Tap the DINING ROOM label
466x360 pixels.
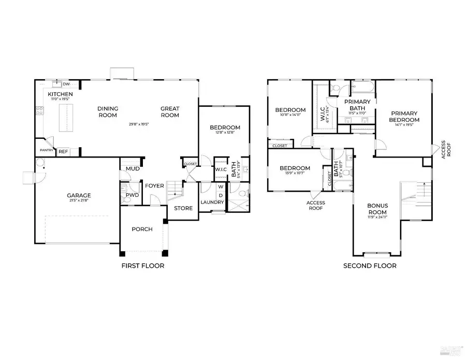(x=108, y=111)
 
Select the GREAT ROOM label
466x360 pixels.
(x=170, y=111)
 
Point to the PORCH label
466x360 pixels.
(x=142, y=229)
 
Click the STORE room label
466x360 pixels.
(x=183, y=208)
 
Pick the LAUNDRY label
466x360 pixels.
(x=212, y=203)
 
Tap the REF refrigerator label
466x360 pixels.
(x=63, y=151)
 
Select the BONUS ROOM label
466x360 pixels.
(x=378, y=208)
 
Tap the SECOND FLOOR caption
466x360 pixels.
(x=370, y=266)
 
